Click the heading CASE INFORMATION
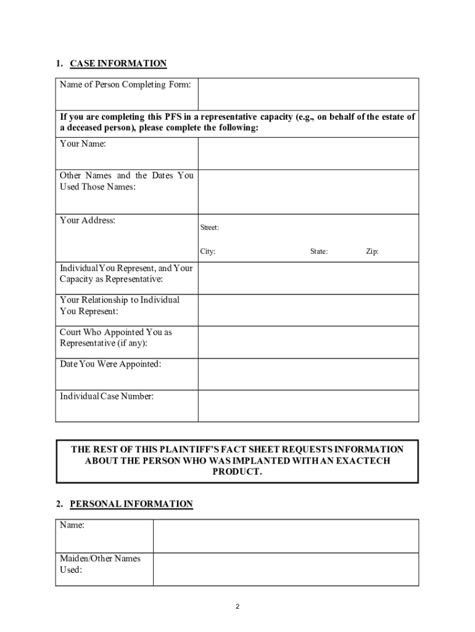[x=118, y=64]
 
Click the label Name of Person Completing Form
[x=125, y=85]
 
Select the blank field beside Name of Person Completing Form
[x=308, y=94]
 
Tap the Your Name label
[x=83, y=144]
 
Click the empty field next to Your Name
[x=308, y=153]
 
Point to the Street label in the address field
[x=209, y=228]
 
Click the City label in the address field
[x=207, y=252]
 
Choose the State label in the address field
[x=319, y=252]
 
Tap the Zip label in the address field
[x=372, y=252]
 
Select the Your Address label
[x=88, y=220]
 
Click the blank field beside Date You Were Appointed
[x=308, y=374]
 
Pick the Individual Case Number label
[x=107, y=396]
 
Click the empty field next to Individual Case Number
[x=308, y=406]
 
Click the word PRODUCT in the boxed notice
[x=238, y=472]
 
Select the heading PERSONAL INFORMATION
[x=131, y=504]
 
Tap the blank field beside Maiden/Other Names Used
[x=286, y=569]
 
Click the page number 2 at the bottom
[x=238, y=607]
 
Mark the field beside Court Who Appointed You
[x=308, y=342]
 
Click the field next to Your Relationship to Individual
[x=308, y=310]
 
